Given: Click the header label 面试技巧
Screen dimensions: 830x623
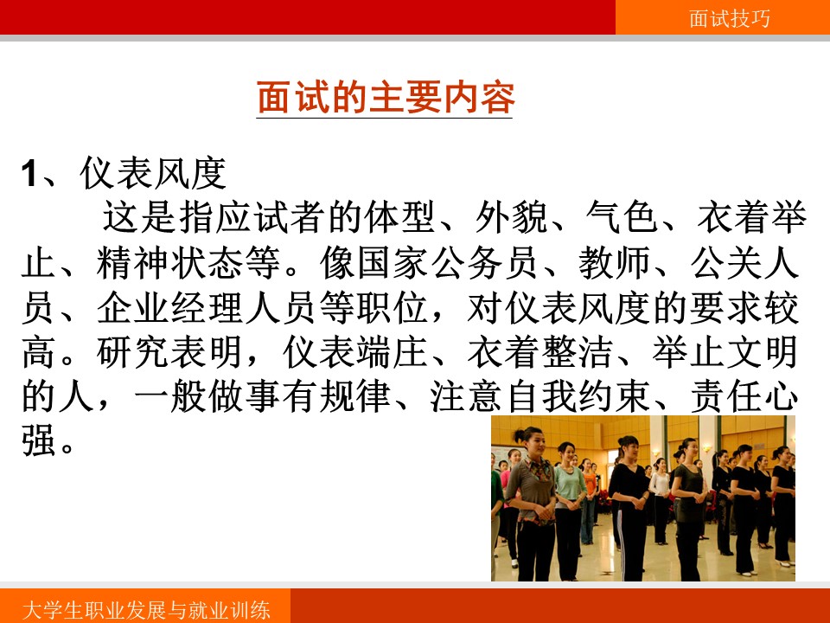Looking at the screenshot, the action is (730, 18).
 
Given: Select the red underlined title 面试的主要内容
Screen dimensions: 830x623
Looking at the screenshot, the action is (386, 98).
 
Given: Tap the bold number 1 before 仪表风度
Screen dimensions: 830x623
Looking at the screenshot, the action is (29, 174).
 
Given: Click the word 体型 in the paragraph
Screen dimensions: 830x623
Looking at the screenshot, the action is (400, 217).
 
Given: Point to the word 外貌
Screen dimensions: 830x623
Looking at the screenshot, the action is (511, 217).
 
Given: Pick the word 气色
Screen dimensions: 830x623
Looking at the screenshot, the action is (622, 217).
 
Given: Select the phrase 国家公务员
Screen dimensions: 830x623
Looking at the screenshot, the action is (412, 263).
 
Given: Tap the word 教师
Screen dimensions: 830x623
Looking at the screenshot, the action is (614, 263).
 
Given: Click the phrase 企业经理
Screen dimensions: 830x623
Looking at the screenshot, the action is (170, 308).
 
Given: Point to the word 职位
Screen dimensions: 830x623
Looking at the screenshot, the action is (393, 308).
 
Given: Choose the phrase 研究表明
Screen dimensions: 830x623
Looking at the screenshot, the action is (169, 353).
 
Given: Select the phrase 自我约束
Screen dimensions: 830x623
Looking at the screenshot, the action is (578, 397).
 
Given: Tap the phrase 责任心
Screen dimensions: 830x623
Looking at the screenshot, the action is (744, 397).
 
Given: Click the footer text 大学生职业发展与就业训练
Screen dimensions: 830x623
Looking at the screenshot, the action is (147, 610).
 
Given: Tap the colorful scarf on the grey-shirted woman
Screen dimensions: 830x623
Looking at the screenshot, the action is (538, 469).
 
